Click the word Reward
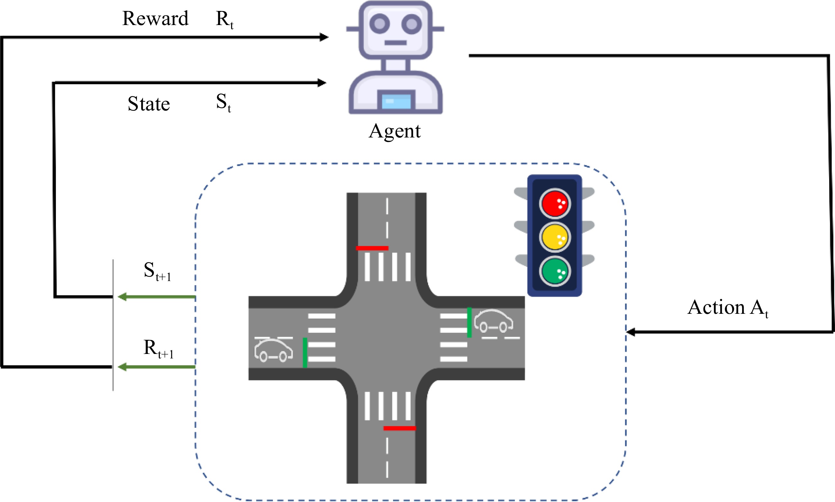coord(155,18)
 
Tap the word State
coord(148,103)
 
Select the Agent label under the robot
coord(394,131)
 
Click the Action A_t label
coord(727,307)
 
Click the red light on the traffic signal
coord(554,203)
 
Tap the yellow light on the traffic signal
coord(554,237)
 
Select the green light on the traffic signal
coord(554,271)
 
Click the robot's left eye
coord(380,24)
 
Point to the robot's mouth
coord(395,43)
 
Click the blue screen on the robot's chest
coord(396,101)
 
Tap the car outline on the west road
coord(273,350)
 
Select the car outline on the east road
coord(493,321)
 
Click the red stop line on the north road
coord(372,248)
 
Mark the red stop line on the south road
coord(400,428)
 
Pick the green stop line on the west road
coord(305,352)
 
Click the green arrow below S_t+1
coord(157,297)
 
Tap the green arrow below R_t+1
coord(157,367)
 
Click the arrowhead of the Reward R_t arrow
coord(324,37)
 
